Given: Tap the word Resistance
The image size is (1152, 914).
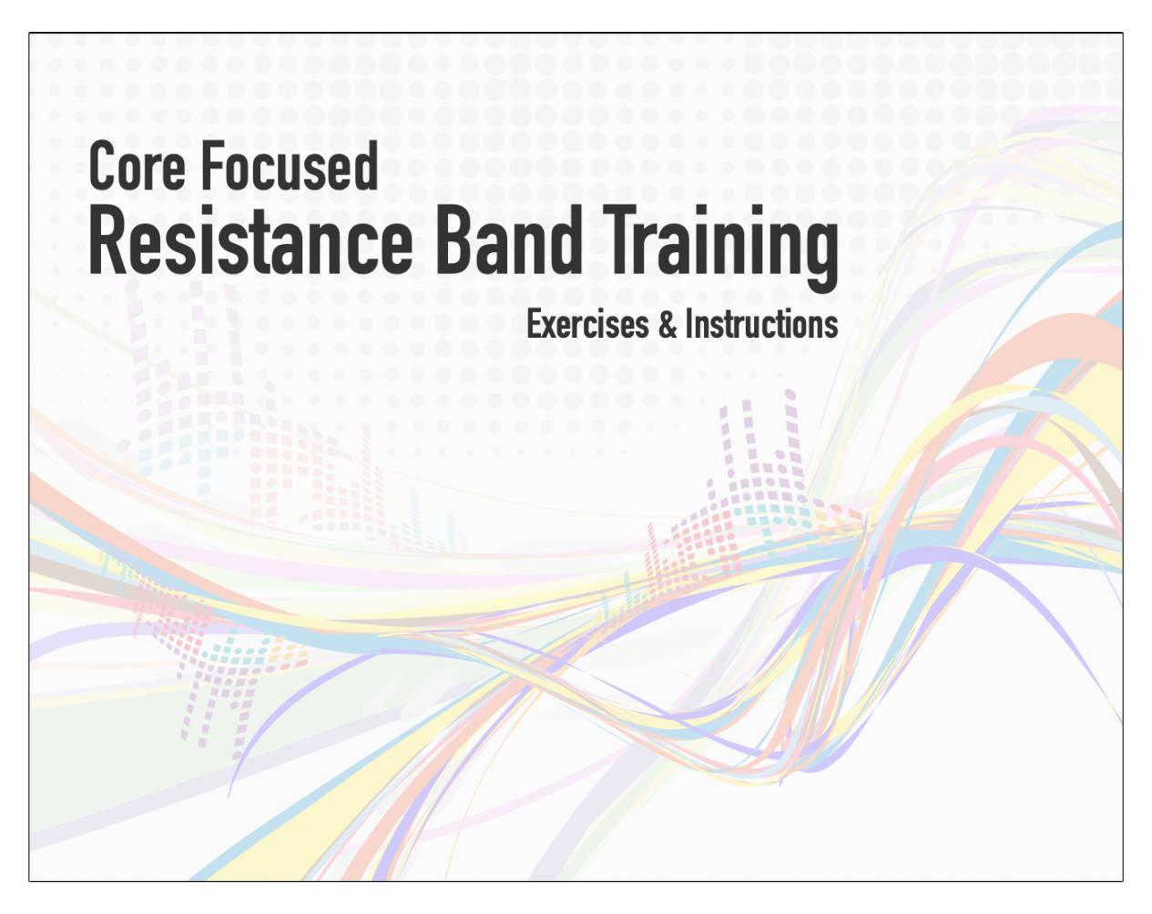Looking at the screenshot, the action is [250, 239].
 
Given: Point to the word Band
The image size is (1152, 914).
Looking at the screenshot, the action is [509, 239].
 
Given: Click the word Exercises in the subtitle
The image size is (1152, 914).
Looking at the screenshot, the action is [587, 324].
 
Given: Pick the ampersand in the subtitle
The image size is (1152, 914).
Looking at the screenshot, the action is [668, 324].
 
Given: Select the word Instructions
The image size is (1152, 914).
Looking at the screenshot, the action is [762, 324].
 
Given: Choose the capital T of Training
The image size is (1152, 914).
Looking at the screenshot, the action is [621, 239].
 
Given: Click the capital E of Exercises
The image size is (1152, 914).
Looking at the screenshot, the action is [535, 324].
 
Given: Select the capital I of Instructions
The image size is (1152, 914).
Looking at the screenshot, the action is [689, 324].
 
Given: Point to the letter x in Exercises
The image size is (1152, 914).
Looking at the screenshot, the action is [553, 328].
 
